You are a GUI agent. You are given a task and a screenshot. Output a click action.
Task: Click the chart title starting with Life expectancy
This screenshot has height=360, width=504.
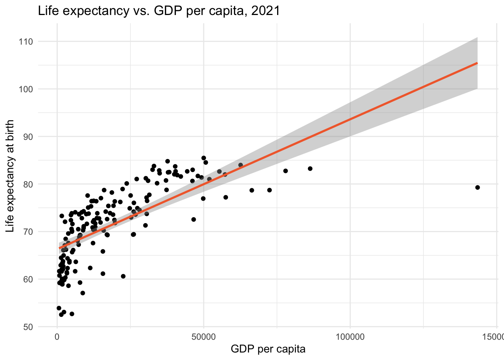(x=159, y=11)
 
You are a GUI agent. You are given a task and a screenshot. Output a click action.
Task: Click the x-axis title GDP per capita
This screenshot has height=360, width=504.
(x=268, y=349)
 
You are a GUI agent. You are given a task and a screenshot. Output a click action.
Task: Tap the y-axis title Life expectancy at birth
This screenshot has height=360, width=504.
(x=10, y=176)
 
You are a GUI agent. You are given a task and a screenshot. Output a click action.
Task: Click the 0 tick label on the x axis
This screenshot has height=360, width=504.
(x=57, y=337)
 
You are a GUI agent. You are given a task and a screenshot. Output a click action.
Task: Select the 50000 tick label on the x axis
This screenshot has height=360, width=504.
(x=204, y=337)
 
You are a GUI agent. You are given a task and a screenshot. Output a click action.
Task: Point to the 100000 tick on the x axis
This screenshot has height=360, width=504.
(x=350, y=337)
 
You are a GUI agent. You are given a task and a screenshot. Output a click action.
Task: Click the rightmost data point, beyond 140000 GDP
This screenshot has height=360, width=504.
(x=477, y=187)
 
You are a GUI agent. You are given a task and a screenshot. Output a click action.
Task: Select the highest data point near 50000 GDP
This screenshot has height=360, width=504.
(x=204, y=158)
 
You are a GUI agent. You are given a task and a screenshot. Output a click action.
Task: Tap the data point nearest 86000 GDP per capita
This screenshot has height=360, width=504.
(x=310, y=169)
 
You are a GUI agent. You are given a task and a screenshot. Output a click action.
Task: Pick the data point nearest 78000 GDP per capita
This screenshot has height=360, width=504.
(x=285, y=171)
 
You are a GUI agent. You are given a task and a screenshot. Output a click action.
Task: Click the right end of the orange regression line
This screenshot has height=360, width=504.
(x=477, y=63)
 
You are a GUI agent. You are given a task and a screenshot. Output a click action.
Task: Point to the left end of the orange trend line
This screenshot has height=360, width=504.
(x=59, y=248)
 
